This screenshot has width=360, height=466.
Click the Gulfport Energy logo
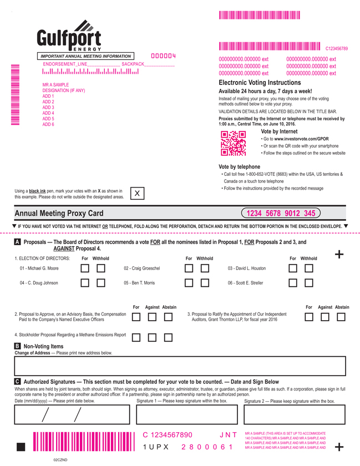click(x=69, y=37)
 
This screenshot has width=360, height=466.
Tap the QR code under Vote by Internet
click(x=233, y=144)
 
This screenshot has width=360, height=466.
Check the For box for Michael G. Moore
click(x=85, y=269)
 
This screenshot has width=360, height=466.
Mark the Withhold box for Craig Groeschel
click(x=205, y=269)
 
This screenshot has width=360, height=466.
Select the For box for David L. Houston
click(x=293, y=269)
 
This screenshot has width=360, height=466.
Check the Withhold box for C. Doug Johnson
click(x=101, y=283)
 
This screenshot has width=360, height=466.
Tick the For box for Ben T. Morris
click(x=189, y=283)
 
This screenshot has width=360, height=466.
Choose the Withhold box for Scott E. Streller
click(x=309, y=283)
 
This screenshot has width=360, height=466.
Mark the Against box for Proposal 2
click(x=153, y=317)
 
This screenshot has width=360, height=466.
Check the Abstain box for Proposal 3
click(x=341, y=317)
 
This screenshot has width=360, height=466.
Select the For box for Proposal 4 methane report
click(x=136, y=337)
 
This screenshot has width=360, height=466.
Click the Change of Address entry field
click(x=180, y=367)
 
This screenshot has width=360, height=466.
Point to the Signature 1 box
click(x=186, y=414)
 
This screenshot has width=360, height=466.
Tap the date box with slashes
click(x=72, y=414)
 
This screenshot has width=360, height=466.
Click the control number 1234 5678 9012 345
click(x=281, y=214)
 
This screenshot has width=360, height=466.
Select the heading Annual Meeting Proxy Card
click(x=59, y=214)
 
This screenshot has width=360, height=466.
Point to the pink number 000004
click(x=163, y=56)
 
